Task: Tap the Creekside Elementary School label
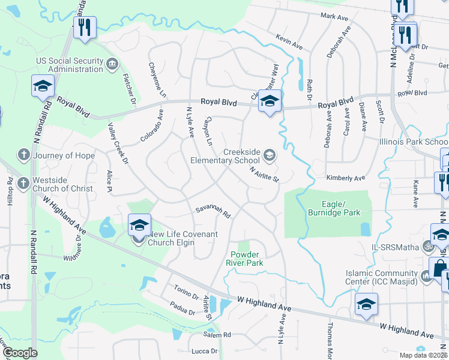225,157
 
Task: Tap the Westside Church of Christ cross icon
23,183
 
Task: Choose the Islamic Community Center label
380,277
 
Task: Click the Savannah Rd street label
213,212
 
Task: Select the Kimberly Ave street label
346,178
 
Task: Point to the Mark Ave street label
335,16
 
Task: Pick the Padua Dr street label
182,312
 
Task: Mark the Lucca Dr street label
205,350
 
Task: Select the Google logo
20,353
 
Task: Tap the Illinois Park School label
414,142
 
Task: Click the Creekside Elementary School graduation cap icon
270,155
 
